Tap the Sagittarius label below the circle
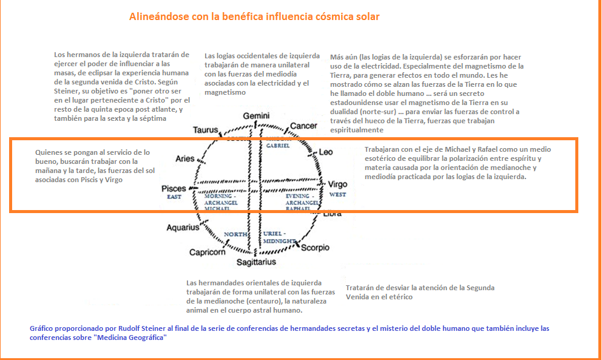[x=256, y=262]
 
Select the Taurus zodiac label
[x=206, y=130]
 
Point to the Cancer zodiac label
[x=303, y=126]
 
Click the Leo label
[x=325, y=152]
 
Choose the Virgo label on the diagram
[x=337, y=184]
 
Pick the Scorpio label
[x=314, y=248]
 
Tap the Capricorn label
[x=208, y=252]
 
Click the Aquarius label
[x=183, y=228]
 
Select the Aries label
[x=185, y=159]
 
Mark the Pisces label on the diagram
[x=174, y=189]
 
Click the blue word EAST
[x=174, y=197]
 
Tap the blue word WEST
[x=337, y=195]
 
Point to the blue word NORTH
[x=234, y=234]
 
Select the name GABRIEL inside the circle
[x=278, y=146]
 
